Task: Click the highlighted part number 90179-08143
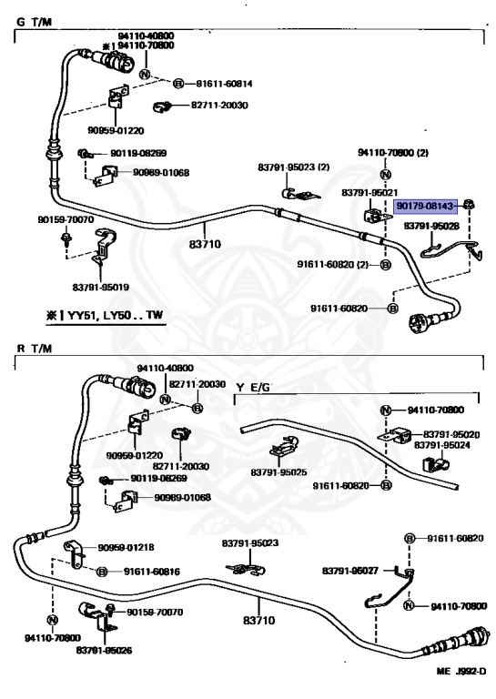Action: click(426, 206)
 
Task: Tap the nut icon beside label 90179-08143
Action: click(468, 205)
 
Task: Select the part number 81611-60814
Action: click(224, 84)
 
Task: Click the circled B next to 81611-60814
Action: click(178, 84)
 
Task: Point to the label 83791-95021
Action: click(369, 192)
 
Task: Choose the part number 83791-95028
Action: click(431, 226)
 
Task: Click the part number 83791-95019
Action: click(101, 287)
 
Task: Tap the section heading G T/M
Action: click(34, 22)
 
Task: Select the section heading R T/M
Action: click(35, 349)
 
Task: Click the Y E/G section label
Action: click(253, 388)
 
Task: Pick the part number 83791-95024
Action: click(442, 445)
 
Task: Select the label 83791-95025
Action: click(279, 472)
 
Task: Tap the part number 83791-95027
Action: click(350, 571)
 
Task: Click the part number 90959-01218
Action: click(127, 547)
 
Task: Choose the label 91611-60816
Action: click(152, 572)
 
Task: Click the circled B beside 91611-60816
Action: click(102, 572)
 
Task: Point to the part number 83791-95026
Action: click(104, 651)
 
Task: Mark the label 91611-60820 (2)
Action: click(333, 264)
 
